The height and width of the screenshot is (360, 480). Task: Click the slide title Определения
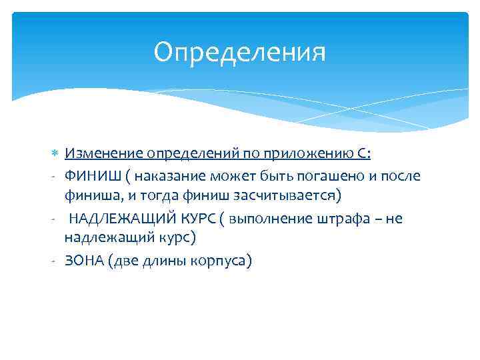click(x=239, y=53)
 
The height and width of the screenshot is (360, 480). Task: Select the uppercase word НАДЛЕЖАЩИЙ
click(x=118, y=218)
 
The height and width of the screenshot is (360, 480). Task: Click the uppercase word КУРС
click(x=191, y=218)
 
